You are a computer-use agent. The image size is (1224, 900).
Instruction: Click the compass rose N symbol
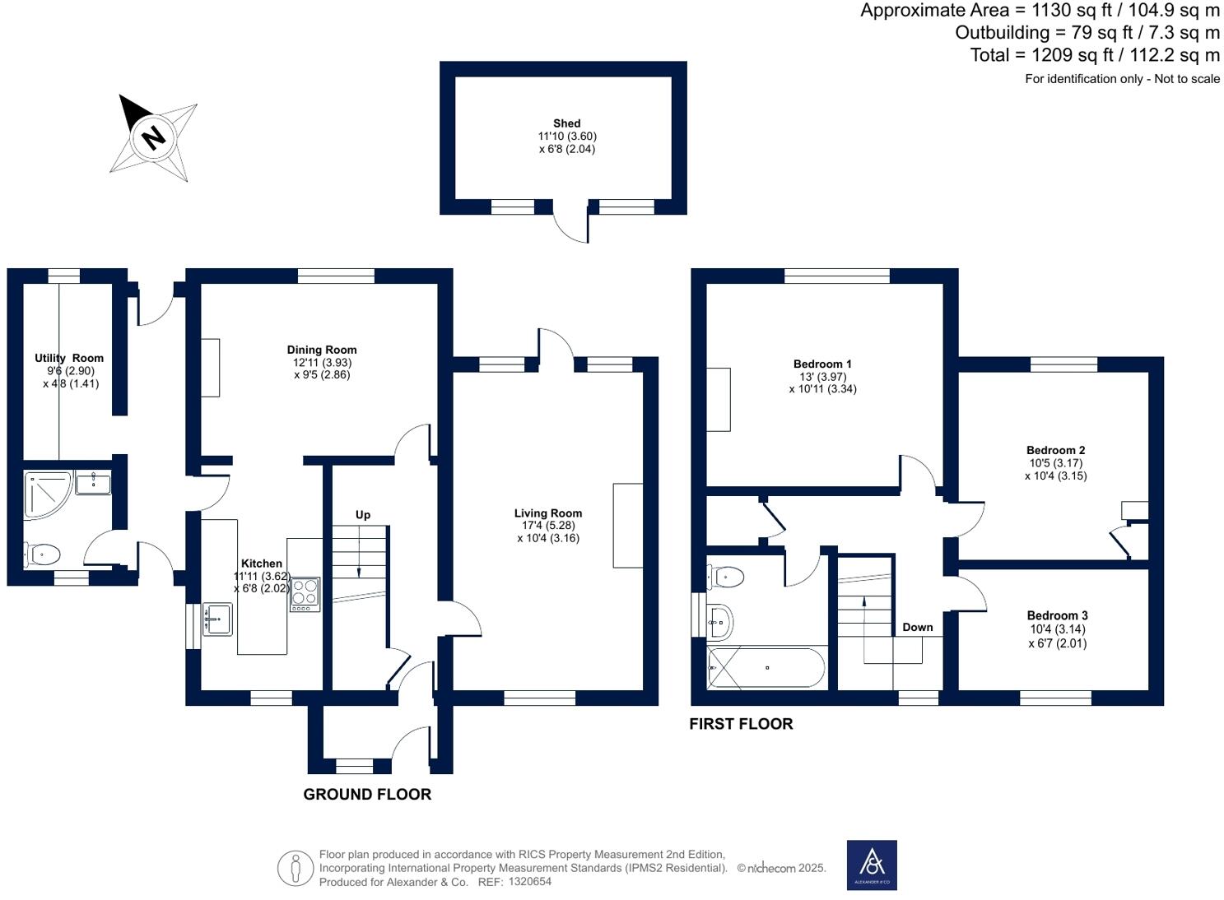point(153,136)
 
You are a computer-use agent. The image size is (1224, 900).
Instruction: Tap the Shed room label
point(566,123)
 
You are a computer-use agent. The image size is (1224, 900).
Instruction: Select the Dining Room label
point(321,350)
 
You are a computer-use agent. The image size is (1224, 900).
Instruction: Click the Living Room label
point(547,513)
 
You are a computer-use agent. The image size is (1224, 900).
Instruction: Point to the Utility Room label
point(69,358)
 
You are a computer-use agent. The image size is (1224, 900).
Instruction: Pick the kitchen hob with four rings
point(305,595)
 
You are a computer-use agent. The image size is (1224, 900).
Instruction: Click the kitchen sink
point(217,619)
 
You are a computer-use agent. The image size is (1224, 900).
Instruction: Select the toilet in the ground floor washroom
point(42,554)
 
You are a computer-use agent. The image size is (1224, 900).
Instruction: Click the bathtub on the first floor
point(766,667)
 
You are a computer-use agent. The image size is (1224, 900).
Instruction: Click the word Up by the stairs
point(363,515)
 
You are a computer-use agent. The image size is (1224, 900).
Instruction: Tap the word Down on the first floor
point(917,627)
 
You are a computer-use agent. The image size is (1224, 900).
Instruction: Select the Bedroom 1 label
point(822,364)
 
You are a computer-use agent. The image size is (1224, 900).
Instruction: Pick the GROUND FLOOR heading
point(367,794)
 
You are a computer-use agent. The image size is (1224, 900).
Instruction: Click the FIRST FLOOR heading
point(741,724)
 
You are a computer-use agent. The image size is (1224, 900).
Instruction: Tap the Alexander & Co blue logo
point(872,865)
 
